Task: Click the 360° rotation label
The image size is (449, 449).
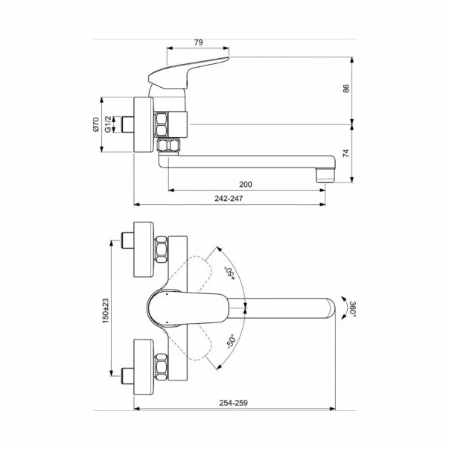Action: [x=343, y=308]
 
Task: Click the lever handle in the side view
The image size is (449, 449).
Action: [x=186, y=71]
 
